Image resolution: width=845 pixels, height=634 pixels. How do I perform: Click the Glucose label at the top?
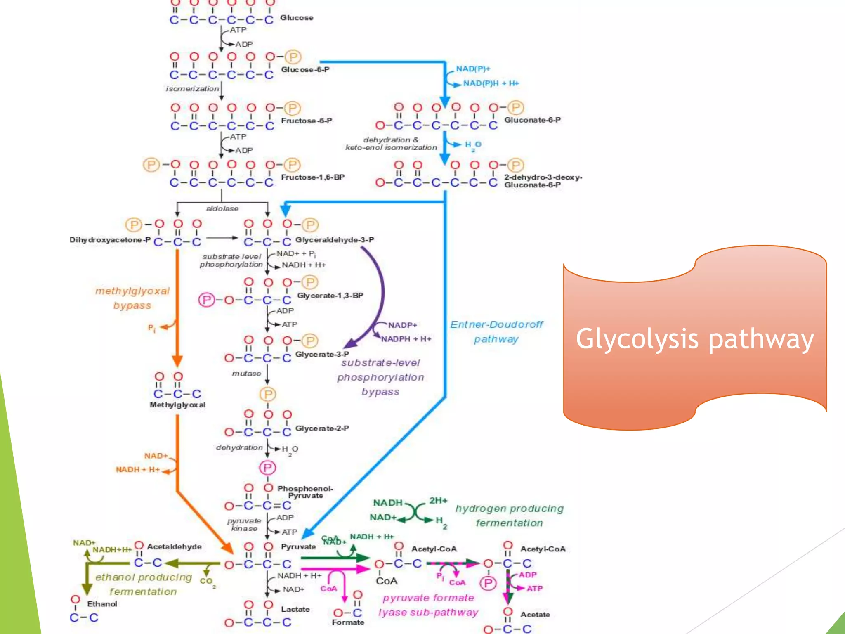coord(297,18)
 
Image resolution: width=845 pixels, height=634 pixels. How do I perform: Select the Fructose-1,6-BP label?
coord(313,177)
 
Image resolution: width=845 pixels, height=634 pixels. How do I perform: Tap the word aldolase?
coord(222,208)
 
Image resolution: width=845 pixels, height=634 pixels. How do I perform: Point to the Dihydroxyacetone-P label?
coord(110,240)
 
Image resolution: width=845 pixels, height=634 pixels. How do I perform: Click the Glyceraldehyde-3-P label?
coord(335,240)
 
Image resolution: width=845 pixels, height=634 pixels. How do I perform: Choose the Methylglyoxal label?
coord(177,405)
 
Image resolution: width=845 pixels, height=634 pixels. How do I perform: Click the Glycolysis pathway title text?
coord(695,339)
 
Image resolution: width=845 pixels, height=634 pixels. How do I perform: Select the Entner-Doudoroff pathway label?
coord(496,332)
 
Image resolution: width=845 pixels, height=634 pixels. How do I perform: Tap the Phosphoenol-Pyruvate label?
coord(305,492)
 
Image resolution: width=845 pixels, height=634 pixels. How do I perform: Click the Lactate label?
coord(295,609)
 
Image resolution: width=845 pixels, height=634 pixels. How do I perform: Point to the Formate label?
coord(348,622)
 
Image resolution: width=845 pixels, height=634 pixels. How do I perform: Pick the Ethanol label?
coord(102,604)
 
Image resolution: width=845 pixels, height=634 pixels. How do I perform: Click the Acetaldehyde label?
coord(175,546)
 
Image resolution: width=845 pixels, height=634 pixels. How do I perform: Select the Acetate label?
coord(535,615)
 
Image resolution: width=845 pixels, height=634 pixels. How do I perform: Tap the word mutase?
coord(246,374)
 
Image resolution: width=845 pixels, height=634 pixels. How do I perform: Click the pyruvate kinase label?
coord(244,525)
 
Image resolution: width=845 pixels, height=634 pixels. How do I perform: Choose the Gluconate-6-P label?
coord(532,120)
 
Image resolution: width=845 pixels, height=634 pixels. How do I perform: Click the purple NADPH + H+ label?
coord(406,339)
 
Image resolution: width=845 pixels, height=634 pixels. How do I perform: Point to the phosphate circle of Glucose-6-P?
coord(293,57)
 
